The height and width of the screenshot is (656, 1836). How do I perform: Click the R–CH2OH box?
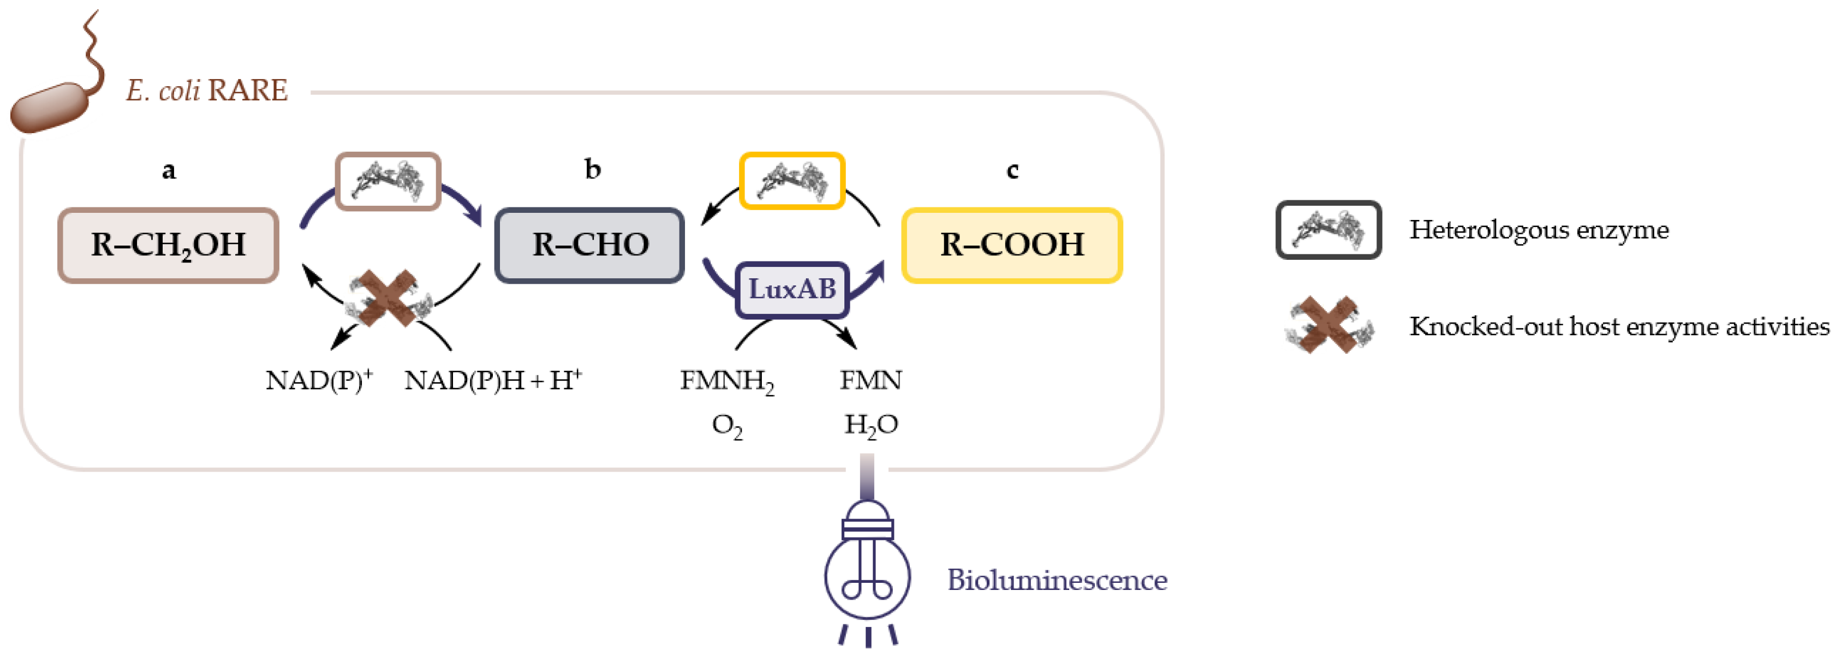168,245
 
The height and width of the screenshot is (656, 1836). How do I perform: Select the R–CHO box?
589,245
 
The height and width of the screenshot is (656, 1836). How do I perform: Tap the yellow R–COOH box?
1011,245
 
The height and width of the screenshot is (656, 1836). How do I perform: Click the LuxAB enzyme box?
792,289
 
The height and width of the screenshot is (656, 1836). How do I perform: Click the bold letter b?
592,169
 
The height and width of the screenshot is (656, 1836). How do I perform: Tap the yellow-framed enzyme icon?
792,181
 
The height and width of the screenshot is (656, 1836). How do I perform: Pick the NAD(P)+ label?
319,380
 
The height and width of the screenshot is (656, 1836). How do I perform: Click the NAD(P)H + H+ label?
492,380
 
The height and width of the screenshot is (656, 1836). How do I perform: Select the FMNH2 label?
726,381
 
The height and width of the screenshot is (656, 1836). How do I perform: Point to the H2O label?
871,426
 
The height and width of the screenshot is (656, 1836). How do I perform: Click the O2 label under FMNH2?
726,426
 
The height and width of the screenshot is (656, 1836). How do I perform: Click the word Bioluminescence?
1056,580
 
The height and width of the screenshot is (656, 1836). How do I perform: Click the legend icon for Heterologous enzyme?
1328,230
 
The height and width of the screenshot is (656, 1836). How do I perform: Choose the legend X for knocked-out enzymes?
1328,325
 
